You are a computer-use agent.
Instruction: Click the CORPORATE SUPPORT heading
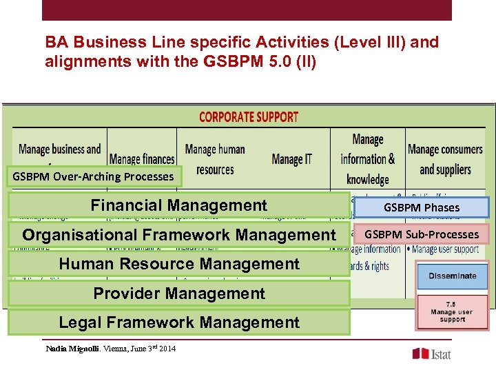[x=249, y=117]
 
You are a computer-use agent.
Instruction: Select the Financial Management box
[x=178, y=205]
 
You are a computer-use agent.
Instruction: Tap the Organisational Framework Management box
[x=178, y=235]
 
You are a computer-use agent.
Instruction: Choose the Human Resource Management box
[x=178, y=264]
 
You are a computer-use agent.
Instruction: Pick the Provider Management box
[x=178, y=293]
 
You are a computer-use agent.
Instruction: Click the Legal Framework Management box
[x=178, y=322]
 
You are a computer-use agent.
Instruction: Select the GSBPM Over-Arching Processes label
[x=93, y=176]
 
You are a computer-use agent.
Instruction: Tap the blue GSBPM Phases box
[x=422, y=207]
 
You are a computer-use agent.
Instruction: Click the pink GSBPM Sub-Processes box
[x=422, y=234]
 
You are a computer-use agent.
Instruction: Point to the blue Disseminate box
[x=452, y=276]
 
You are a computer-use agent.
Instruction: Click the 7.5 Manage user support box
[x=452, y=312]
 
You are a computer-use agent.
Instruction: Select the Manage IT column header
[x=292, y=159]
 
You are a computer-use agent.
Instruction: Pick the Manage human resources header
[x=215, y=159]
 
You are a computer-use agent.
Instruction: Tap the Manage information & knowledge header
[x=367, y=159]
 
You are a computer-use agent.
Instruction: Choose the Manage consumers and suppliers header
[x=445, y=159]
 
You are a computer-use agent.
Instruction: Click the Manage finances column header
[x=141, y=160]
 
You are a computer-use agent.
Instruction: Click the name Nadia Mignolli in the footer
[x=72, y=349]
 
